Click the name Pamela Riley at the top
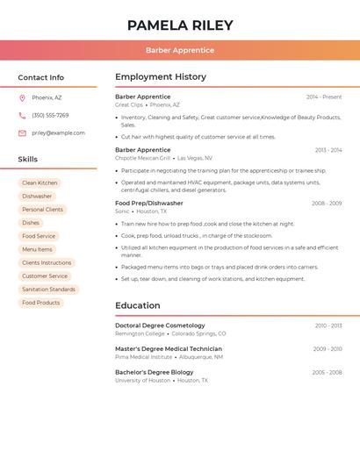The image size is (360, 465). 180,25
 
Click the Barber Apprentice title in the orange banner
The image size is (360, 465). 180,50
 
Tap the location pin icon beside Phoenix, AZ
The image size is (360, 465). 22,97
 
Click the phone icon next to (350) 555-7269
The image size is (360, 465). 22,115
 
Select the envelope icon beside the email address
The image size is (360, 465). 22,133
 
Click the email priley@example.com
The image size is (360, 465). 58,133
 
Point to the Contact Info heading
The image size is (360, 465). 41,77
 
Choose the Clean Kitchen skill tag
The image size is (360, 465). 40,183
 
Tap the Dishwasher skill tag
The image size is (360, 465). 37,197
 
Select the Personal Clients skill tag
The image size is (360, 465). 43,210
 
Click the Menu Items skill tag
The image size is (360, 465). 37,249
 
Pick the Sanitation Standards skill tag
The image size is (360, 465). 48,290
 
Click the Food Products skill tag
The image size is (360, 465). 41,303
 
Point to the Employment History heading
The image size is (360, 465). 161,77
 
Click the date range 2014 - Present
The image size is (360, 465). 324,97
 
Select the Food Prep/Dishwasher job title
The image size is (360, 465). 149,204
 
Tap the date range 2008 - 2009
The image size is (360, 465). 327,204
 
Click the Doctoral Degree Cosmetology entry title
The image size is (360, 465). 160,325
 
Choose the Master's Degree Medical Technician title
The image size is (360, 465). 169,349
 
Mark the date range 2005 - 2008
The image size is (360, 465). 327,373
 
